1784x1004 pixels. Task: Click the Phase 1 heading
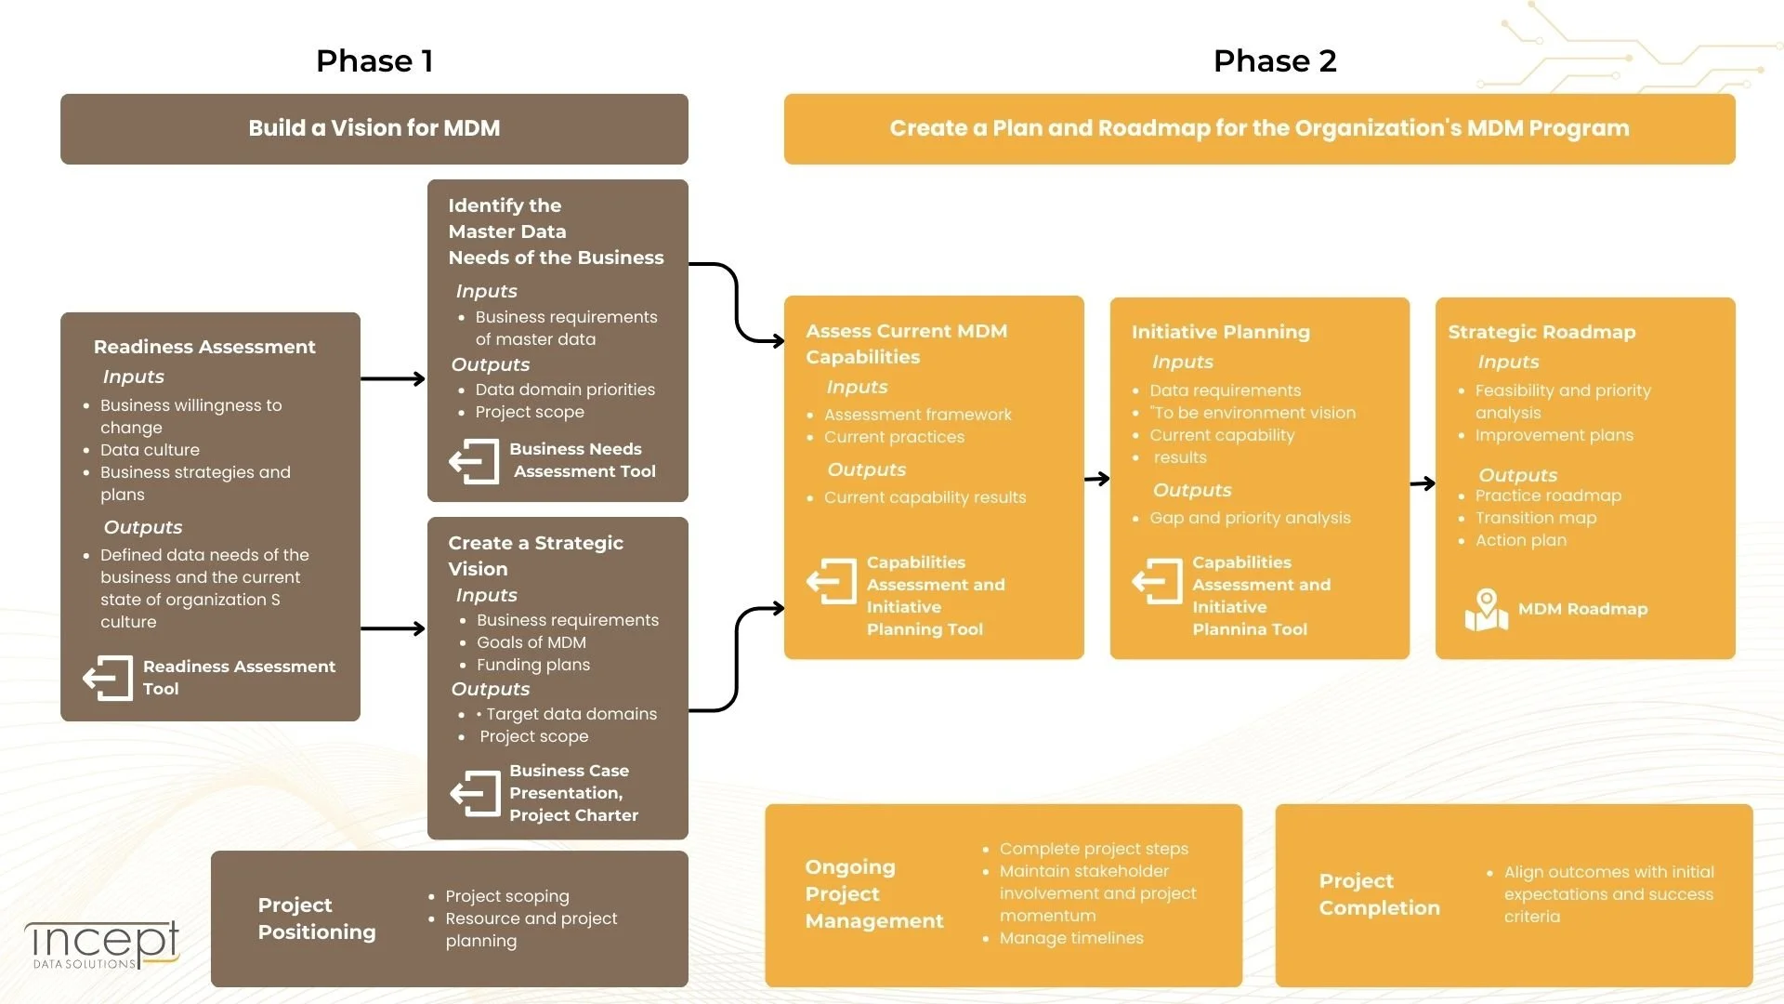pos(374,61)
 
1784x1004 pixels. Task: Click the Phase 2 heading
pos(1275,61)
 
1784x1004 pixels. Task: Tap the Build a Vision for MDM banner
pos(374,128)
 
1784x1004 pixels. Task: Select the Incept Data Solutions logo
pos(102,945)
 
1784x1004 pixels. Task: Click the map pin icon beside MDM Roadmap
pos(1487,610)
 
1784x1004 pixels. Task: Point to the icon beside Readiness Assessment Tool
pos(108,678)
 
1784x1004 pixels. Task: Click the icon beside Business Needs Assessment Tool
pos(474,461)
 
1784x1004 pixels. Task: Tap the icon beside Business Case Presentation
pos(475,793)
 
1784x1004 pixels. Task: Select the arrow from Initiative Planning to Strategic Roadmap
pos(1423,483)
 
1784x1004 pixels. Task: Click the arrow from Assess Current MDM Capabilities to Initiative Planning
pos(1097,479)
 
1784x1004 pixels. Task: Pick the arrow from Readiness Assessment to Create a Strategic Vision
pos(393,629)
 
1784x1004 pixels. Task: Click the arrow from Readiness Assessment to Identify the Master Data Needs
pos(393,378)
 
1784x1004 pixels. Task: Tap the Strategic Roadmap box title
pos(1541,332)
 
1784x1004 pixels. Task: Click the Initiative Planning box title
pos(1220,332)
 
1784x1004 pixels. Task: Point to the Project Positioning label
pos(316,918)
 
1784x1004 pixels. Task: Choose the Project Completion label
pos(1379,894)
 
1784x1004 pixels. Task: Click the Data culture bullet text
pos(150,450)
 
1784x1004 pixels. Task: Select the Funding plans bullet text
pos(532,665)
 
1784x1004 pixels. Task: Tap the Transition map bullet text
pos(1535,518)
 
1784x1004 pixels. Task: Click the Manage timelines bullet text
pos(1071,938)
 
